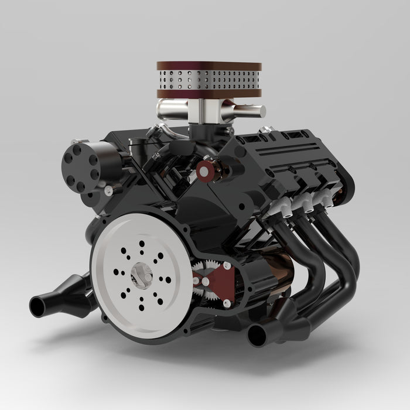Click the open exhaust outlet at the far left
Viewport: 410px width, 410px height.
click(39, 305)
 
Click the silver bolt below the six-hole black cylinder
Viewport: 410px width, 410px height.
click(109, 190)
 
